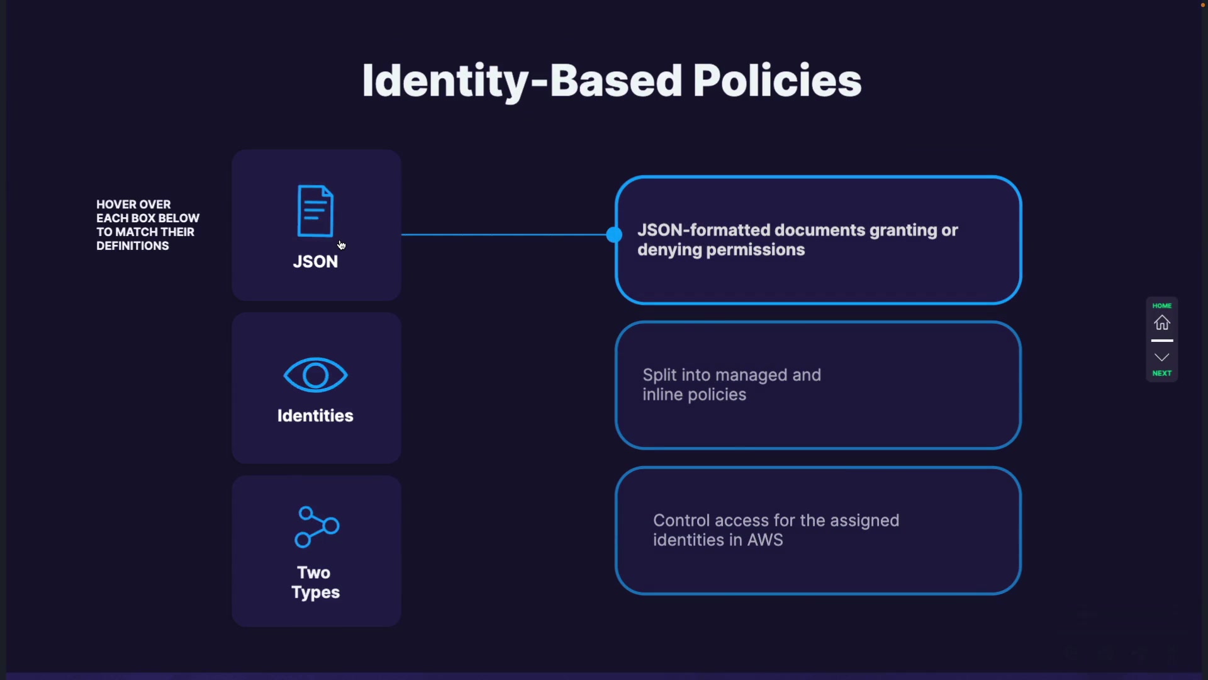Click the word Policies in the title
(x=777, y=81)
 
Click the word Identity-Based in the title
(x=522, y=81)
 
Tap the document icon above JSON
(x=315, y=211)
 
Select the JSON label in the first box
(x=315, y=262)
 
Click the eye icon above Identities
(x=315, y=375)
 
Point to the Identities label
(x=315, y=416)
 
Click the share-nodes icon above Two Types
(x=316, y=527)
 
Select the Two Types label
(x=315, y=582)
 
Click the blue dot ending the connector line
(x=614, y=235)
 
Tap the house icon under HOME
(x=1162, y=323)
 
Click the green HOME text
(x=1162, y=306)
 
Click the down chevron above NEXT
(x=1162, y=358)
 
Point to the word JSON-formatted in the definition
(x=703, y=230)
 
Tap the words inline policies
(x=694, y=395)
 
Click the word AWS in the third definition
(x=765, y=540)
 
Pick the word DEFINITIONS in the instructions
(x=133, y=246)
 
